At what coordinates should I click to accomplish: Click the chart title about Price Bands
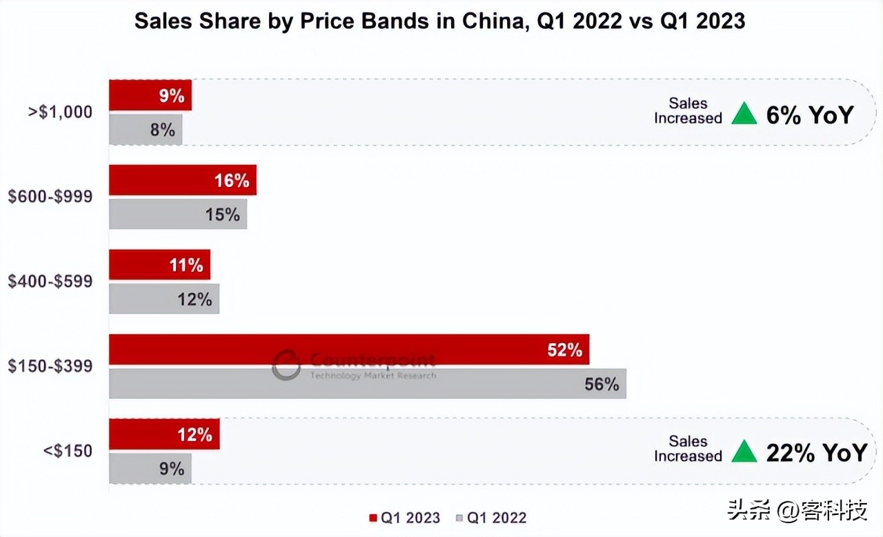coord(439,21)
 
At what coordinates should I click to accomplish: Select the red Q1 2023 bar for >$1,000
coord(150,95)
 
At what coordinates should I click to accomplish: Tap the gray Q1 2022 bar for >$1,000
coord(146,129)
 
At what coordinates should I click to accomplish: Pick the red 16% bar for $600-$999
coord(182,180)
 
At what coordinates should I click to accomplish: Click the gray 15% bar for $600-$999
coord(177,214)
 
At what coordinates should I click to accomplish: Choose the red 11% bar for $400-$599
coord(159,265)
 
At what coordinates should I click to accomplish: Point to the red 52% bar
coord(348,350)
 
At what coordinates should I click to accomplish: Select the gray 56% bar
coord(367,384)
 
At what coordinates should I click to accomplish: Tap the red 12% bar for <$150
coord(163,434)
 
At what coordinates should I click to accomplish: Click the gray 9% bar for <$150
coord(150,469)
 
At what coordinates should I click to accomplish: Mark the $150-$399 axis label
coord(50,366)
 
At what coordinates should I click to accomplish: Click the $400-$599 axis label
coord(50,282)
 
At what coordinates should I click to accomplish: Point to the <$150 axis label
coord(68,451)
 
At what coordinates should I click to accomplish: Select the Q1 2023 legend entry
coord(404,518)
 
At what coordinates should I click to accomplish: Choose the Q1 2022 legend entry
coord(491,518)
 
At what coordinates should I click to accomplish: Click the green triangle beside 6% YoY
coord(744,113)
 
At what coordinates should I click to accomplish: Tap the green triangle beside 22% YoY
coord(744,451)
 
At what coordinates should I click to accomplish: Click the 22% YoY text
coord(816,452)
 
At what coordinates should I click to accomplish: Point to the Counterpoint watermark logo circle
coord(286,364)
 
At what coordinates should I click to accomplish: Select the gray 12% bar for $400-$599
coord(163,299)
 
